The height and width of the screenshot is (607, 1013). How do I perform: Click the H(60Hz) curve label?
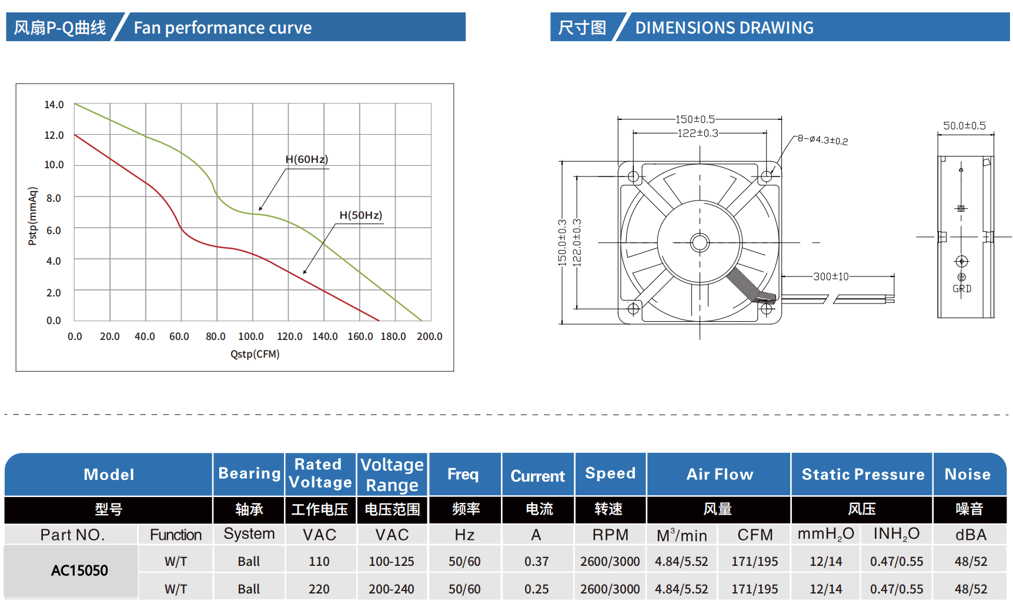[x=306, y=159]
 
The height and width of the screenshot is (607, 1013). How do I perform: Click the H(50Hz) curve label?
[x=360, y=215]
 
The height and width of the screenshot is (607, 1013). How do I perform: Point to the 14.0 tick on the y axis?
[x=54, y=105]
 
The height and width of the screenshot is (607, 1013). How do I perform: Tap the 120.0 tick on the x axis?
[x=289, y=336]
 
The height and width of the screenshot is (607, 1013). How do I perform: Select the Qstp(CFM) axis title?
[x=255, y=354]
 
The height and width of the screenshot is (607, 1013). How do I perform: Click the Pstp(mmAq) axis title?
[x=33, y=216]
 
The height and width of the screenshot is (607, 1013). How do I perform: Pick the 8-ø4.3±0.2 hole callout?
[x=823, y=140]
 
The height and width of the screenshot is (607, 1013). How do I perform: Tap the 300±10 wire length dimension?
[x=831, y=276]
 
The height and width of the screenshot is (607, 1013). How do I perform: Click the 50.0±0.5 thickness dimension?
[x=964, y=126]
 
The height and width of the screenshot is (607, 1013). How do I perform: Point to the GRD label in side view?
[x=962, y=289]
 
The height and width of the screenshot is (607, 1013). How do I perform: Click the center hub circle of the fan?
[x=700, y=242]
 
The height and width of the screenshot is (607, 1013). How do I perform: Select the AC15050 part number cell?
[x=79, y=571]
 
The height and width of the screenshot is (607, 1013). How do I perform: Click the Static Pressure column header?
[x=862, y=474]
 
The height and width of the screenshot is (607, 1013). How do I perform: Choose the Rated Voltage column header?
[x=320, y=473]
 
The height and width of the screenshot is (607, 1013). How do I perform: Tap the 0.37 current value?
[x=536, y=562]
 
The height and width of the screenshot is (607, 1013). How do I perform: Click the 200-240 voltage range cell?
[x=391, y=589]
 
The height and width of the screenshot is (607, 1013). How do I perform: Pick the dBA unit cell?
[x=971, y=535]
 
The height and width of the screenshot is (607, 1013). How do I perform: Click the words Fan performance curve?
[x=222, y=28]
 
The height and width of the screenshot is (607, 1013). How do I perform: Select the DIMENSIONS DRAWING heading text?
[x=724, y=28]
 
